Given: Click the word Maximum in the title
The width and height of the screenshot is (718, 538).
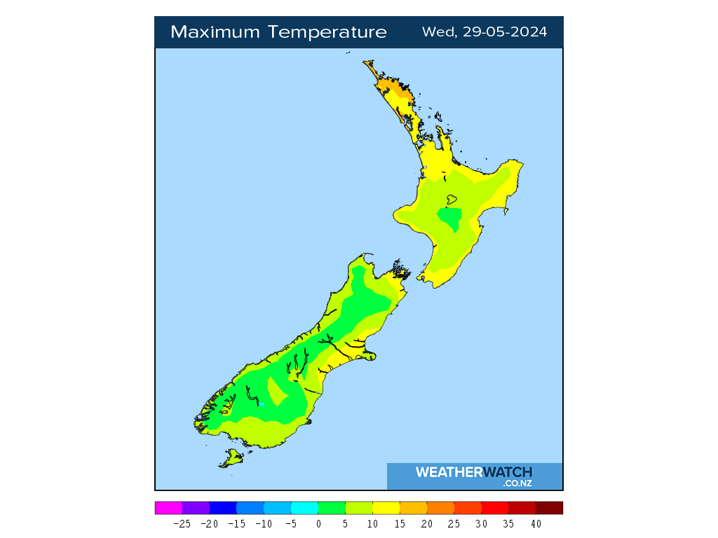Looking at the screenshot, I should pyautogui.click(x=213, y=32).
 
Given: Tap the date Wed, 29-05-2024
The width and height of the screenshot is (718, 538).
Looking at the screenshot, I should pyautogui.click(x=485, y=32).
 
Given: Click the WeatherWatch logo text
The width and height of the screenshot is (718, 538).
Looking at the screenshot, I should pyautogui.click(x=473, y=472).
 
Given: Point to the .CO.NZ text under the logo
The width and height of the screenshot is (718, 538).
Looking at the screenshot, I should pyautogui.click(x=517, y=483).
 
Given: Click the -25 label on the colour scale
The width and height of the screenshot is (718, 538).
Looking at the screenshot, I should pyautogui.click(x=182, y=523).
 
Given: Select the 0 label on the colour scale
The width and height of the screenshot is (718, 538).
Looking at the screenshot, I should pyautogui.click(x=318, y=523).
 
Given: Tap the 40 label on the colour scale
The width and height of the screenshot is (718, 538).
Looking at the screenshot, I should pyautogui.click(x=536, y=523).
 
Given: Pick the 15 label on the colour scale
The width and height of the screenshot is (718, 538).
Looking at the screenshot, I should pyautogui.click(x=400, y=523).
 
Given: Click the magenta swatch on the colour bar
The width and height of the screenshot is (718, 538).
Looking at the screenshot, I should pyautogui.click(x=168, y=508).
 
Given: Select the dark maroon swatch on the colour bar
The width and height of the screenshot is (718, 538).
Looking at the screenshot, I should pyautogui.click(x=549, y=508).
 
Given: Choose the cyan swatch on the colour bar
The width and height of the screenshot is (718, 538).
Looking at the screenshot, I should pyautogui.click(x=304, y=508).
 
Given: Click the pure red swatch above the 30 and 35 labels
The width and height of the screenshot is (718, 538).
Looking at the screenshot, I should pyautogui.click(x=495, y=508).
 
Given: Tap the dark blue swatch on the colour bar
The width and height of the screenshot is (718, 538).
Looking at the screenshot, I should pyautogui.click(x=223, y=508).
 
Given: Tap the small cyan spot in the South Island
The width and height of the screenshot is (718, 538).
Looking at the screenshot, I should pyautogui.click(x=261, y=403).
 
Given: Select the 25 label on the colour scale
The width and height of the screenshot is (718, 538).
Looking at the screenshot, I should pyautogui.click(x=454, y=523).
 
